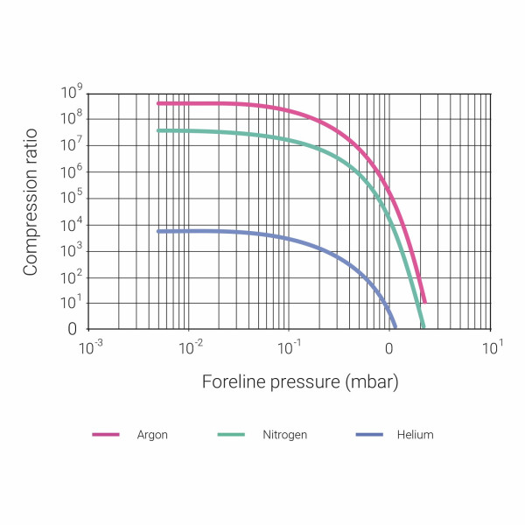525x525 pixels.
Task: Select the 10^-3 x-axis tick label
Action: click(x=90, y=347)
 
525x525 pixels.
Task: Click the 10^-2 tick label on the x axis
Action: click(x=191, y=347)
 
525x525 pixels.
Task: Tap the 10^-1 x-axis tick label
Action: click(x=290, y=347)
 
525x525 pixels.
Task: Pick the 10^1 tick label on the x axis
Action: click(x=492, y=347)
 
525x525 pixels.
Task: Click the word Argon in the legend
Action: click(x=152, y=435)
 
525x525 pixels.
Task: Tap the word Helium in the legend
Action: click(x=414, y=435)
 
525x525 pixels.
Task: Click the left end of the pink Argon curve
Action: click(x=158, y=103)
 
